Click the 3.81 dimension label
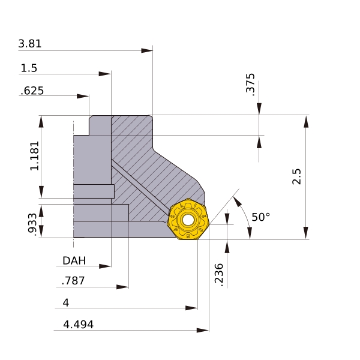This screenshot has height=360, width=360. [x=30, y=44]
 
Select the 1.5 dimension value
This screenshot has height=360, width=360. [x=29, y=68]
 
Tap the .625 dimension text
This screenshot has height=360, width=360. [x=32, y=91]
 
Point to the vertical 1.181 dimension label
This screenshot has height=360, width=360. [x=35, y=156]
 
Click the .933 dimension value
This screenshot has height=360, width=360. [x=32, y=224]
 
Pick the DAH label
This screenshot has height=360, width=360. [x=74, y=260]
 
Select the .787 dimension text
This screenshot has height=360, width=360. [x=73, y=281]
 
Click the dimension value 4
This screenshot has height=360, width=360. [x=65, y=302]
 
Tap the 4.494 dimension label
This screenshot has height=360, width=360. [x=78, y=325]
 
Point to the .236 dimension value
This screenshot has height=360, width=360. [x=219, y=275]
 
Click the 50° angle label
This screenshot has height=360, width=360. [x=261, y=217]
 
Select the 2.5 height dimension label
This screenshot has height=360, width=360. [x=296, y=176]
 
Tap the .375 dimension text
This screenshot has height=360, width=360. [x=250, y=83]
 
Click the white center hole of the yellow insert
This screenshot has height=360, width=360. [x=188, y=220]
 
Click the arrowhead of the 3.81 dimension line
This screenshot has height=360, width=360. [x=147, y=50]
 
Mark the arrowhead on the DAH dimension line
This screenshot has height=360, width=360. [x=105, y=266]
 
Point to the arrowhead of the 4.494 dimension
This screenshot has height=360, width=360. [x=203, y=331]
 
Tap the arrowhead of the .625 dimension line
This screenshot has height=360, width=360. [x=83, y=96]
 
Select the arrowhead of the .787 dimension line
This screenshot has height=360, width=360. [x=122, y=287]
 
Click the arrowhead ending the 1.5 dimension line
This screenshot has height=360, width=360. [x=105, y=74]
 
